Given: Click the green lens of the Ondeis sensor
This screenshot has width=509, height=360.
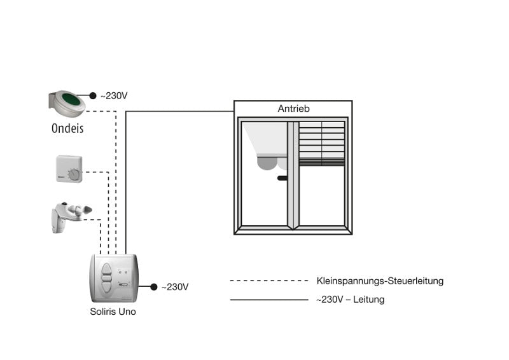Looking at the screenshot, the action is click(x=71, y=99).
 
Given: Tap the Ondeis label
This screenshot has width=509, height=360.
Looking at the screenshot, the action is click(x=67, y=128).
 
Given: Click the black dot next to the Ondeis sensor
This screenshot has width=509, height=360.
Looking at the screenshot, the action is click(x=93, y=95).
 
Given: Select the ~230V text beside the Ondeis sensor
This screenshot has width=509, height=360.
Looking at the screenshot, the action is click(x=114, y=96).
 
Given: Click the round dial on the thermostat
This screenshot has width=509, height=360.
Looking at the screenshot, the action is click(x=74, y=175).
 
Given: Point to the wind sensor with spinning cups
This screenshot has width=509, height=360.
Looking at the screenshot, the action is click(x=71, y=217).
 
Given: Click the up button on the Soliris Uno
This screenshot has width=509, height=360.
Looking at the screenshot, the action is click(x=106, y=269).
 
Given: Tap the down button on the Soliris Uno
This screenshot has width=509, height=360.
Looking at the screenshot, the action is click(x=106, y=287).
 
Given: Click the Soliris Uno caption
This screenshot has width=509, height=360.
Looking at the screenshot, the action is click(x=113, y=312).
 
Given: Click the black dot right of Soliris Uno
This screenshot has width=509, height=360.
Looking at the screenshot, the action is click(x=154, y=287).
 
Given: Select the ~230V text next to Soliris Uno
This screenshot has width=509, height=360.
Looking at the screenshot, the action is click(x=175, y=287).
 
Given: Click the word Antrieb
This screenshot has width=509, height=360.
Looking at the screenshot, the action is click(x=293, y=108).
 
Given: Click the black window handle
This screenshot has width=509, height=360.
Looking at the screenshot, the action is click(x=282, y=178).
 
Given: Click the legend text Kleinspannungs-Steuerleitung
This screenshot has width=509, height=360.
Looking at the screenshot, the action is click(x=380, y=280).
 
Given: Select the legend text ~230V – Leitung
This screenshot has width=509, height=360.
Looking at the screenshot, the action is click(x=351, y=300).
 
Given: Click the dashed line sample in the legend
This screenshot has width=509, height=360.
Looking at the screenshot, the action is click(x=269, y=280).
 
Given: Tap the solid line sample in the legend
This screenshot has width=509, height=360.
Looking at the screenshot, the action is click(x=269, y=300).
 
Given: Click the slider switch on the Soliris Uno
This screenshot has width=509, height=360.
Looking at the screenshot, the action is click(x=123, y=285).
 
